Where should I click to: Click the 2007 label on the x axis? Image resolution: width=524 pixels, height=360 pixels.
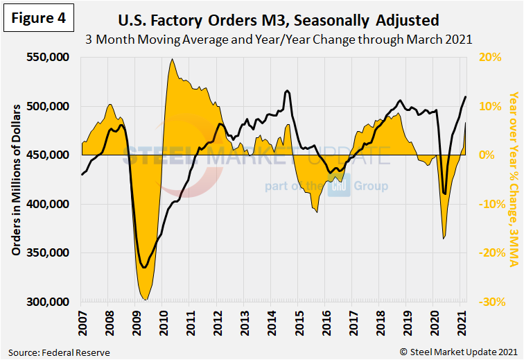(81, 322)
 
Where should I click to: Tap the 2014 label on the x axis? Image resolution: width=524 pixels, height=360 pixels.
(270, 322)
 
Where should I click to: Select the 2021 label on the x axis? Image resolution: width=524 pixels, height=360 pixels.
(460, 322)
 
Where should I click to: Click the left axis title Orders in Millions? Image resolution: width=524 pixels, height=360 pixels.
(15, 180)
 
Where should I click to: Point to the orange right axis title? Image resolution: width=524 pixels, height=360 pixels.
(514, 180)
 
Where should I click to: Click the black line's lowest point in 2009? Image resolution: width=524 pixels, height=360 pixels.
(143, 267)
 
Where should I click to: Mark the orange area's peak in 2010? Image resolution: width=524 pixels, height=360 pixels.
(171, 60)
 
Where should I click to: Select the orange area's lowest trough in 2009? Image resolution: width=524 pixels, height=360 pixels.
(145, 300)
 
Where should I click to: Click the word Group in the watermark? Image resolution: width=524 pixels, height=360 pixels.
(371, 187)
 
